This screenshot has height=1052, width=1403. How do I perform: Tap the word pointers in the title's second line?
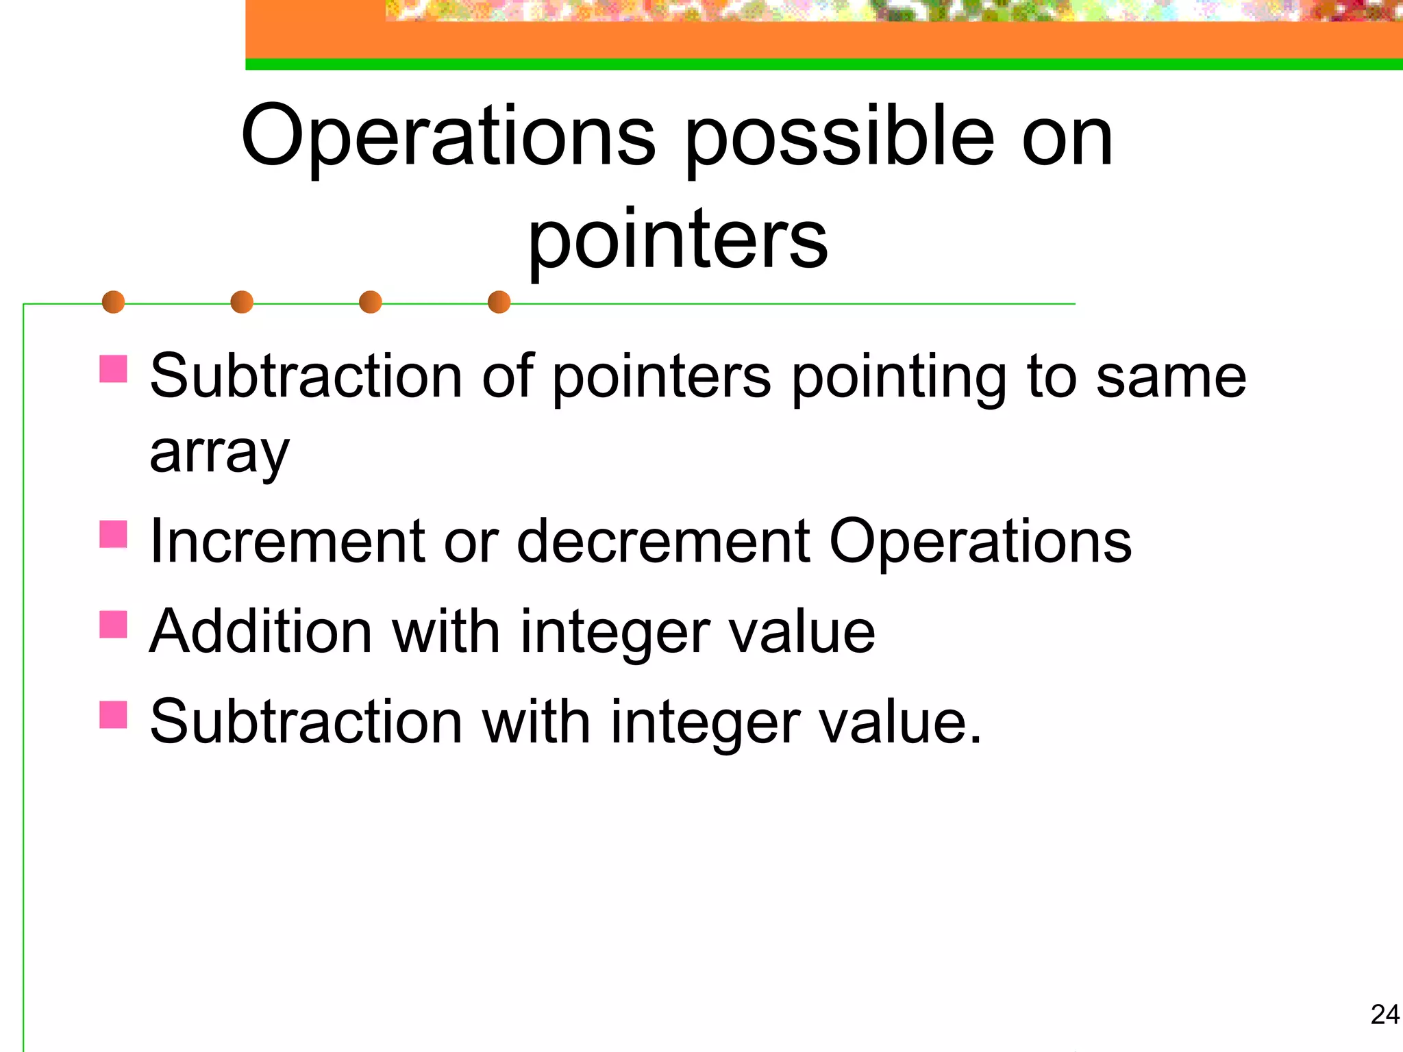coord(678,240)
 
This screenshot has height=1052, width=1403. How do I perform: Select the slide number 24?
coord(1385,1014)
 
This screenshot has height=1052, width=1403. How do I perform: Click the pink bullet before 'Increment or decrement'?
coord(113,535)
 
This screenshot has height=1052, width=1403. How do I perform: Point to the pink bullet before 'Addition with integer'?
coord(113,625)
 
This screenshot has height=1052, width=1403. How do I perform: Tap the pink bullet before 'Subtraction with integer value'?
coord(113,714)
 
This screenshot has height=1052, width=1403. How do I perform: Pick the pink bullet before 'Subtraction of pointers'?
coord(113,368)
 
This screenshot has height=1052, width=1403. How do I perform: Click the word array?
coord(219,453)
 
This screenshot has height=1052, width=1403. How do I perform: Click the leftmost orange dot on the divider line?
coord(113,302)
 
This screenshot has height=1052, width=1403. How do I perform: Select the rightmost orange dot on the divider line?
coord(499,302)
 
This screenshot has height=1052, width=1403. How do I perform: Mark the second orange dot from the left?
coord(242,302)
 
